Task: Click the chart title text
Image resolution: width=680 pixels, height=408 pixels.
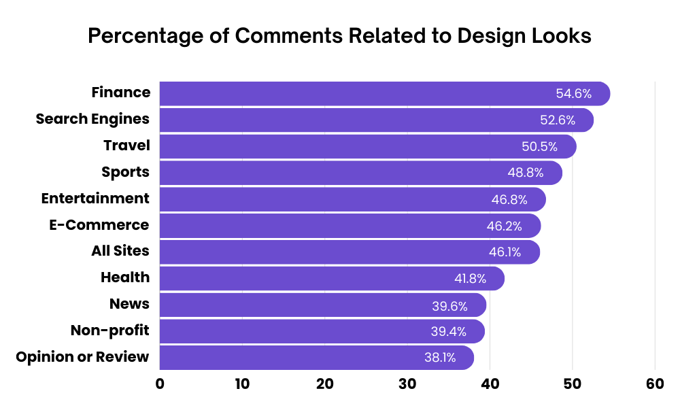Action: click(339, 36)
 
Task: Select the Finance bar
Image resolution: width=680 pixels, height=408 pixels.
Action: click(384, 94)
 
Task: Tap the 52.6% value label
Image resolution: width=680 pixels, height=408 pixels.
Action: click(558, 120)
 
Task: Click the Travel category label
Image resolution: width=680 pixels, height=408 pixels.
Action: click(126, 146)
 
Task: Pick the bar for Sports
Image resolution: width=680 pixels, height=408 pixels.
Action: click(360, 173)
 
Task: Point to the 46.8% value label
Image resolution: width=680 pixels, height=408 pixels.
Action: click(509, 199)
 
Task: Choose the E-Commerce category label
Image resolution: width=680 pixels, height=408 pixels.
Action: click(99, 225)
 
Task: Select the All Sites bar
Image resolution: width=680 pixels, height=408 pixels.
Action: click(350, 252)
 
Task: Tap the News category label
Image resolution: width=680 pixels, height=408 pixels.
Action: click(129, 304)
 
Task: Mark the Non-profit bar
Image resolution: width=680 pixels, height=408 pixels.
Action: click(322, 331)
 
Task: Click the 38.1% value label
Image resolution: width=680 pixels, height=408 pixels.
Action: click(439, 358)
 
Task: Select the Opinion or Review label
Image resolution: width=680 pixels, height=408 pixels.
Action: click(82, 357)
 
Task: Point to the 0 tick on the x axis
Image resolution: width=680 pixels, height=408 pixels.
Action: click(160, 384)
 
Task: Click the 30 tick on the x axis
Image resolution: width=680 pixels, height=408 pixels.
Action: click(407, 384)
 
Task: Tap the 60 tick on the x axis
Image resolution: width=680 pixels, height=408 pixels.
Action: click(655, 384)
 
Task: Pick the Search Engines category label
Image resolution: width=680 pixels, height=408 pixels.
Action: click(92, 119)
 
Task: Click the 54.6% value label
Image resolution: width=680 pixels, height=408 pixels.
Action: click(574, 94)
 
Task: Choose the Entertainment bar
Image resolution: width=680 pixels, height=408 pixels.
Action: click(352, 199)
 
